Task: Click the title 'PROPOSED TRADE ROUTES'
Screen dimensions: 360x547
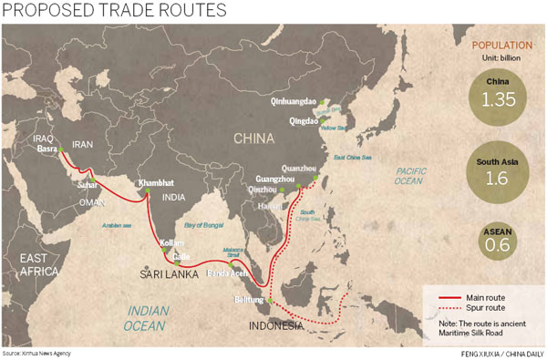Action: click(115, 12)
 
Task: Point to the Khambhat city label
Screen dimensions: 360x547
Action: click(154, 182)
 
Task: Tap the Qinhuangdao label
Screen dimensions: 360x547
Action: click(296, 102)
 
